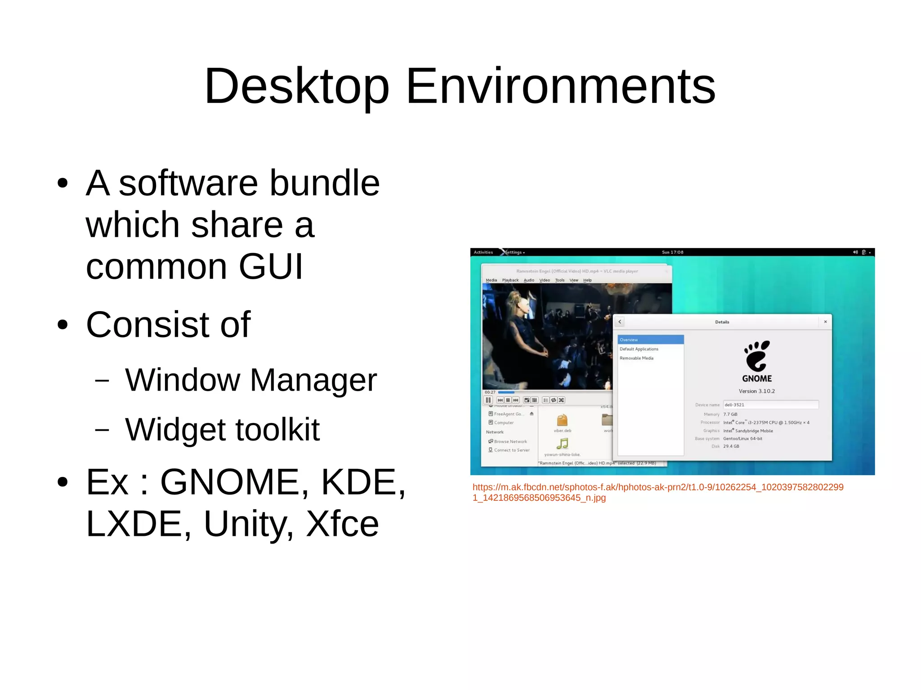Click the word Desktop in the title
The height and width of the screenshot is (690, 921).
tap(296, 86)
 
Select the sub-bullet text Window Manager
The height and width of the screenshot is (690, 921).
tap(250, 380)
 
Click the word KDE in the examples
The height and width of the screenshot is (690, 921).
tap(362, 482)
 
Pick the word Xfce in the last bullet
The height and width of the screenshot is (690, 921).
tap(342, 524)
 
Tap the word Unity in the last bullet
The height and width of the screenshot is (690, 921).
tap(249, 524)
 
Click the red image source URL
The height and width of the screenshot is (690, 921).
tap(657, 492)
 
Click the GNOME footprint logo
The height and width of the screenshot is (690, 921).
tap(757, 356)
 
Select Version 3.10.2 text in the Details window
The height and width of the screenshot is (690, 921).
tap(757, 391)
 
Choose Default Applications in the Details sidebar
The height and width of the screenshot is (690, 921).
tap(639, 349)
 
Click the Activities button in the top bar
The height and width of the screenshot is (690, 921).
tap(483, 252)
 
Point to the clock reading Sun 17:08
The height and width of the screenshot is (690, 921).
tap(672, 252)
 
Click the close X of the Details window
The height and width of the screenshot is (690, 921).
tap(825, 322)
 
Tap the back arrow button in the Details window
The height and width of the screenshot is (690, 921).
tap(620, 322)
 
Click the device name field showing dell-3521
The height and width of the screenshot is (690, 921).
tap(770, 405)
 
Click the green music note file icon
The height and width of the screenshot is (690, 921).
tap(562, 444)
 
